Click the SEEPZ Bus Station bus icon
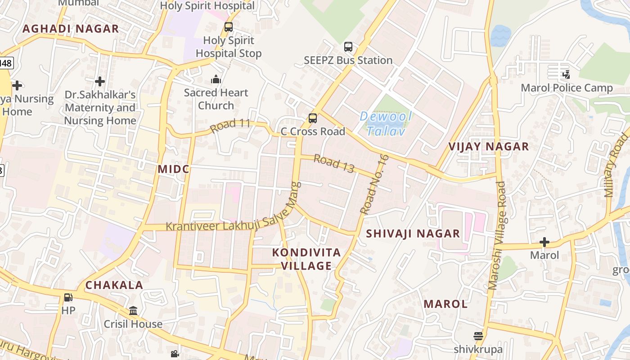[348, 47]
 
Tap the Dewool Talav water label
[386, 124]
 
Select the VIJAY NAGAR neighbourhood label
[489, 147]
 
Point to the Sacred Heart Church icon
[216, 80]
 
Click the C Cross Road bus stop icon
[312, 118]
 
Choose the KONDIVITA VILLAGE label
[306, 259]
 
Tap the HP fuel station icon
[68, 297]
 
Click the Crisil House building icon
[133, 311]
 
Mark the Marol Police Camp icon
[566, 75]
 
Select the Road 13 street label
[334, 163]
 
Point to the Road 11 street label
[230, 125]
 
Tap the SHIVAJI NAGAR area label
[413, 234]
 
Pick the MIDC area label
[174, 169]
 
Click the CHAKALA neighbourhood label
[114, 285]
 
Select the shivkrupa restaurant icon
[478, 336]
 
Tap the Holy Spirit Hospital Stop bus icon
[229, 27]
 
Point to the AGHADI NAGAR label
[71, 29]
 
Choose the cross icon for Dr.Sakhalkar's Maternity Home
[100, 81]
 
